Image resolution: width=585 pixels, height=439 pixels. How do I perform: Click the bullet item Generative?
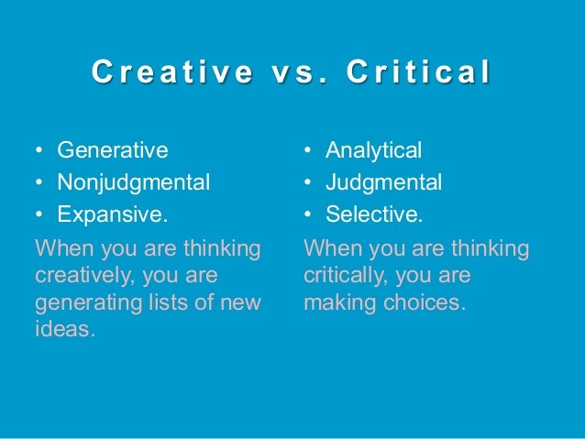point(113,149)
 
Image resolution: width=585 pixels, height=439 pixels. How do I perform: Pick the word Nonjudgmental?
point(133,181)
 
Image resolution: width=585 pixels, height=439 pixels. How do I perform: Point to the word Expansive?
point(112,214)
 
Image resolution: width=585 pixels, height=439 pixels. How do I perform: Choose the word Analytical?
point(374,149)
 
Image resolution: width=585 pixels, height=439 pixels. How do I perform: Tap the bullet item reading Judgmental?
point(384,181)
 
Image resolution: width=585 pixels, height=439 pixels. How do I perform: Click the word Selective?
point(374,214)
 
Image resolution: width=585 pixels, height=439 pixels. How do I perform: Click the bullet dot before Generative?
point(39,150)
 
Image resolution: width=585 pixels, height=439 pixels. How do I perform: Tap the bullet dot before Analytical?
point(308,150)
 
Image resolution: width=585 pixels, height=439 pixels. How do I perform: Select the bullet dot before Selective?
point(308,215)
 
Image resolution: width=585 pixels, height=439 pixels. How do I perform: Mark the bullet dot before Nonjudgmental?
point(39,182)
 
